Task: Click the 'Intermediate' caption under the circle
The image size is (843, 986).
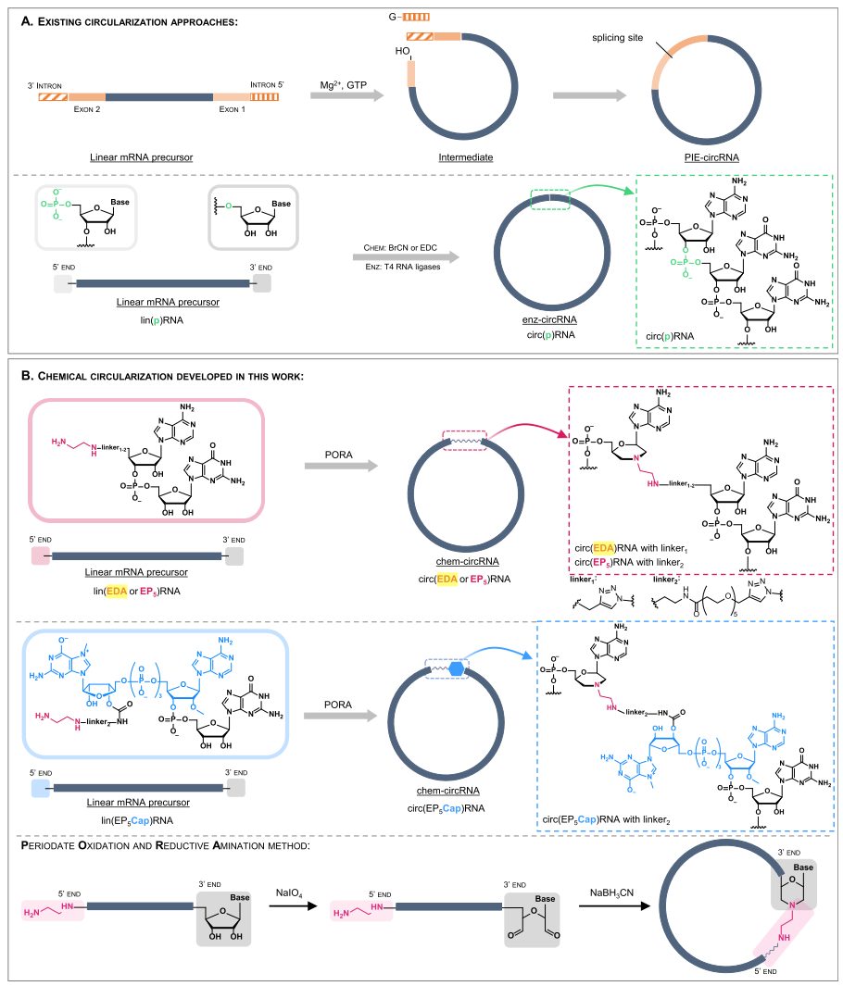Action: point(466,157)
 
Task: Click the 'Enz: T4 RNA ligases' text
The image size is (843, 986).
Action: point(402,267)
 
